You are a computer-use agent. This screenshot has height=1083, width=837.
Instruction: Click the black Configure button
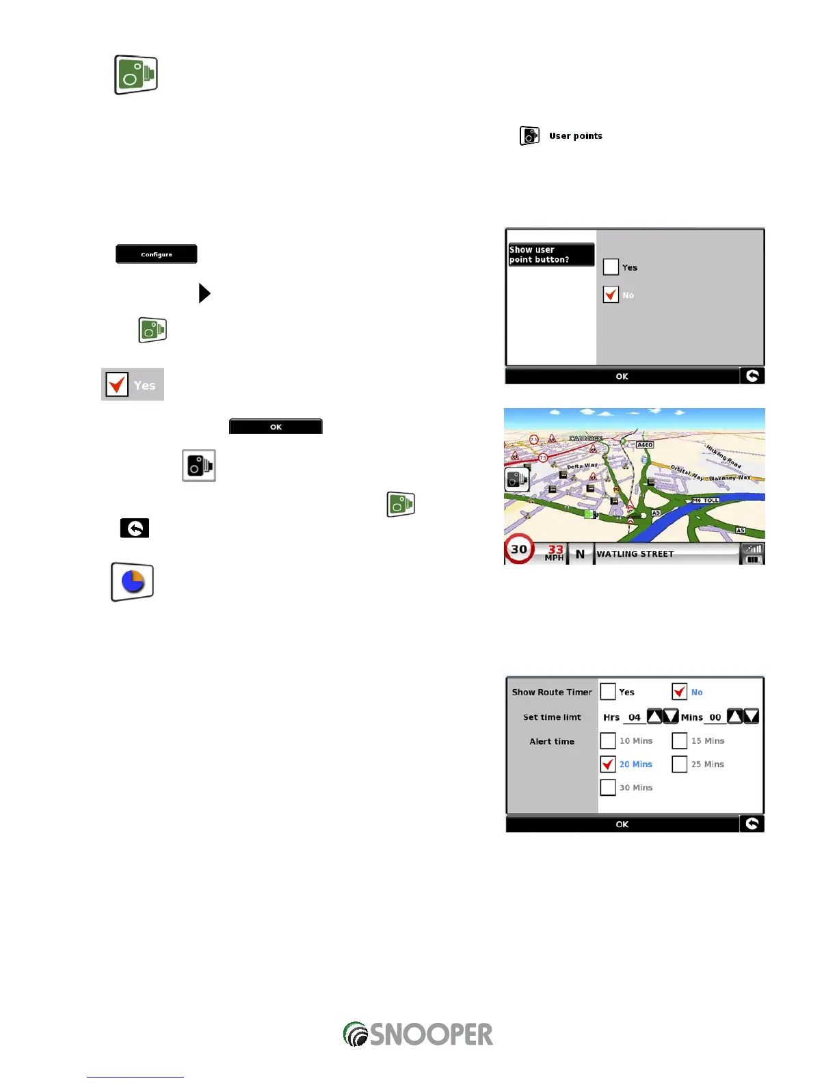coord(157,254)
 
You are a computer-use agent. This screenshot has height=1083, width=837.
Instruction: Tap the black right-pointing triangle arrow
coord(204,293)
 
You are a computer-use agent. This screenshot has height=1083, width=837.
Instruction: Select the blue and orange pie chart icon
coord(133,582)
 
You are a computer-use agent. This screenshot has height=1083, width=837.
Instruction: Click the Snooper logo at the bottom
coord(418,1034)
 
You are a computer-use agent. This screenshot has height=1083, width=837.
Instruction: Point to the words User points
coord(576,136)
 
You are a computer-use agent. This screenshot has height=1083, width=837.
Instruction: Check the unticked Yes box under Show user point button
coord(611,267)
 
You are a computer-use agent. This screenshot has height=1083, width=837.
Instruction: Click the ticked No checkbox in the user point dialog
coord(611,295)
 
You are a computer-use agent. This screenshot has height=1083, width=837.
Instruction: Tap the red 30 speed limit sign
coord(519,549)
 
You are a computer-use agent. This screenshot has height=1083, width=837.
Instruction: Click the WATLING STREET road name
coord(635,554)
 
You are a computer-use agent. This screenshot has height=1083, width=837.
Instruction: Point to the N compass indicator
coord(580,554)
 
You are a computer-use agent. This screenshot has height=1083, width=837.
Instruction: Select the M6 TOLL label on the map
coord(706,500)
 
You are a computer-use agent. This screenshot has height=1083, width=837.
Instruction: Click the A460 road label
coord(645,445)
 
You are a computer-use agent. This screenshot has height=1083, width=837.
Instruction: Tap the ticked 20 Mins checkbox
coord(608,764)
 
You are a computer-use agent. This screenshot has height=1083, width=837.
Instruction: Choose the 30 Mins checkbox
coord(608,788)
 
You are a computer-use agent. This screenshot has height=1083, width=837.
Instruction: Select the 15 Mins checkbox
coord(680,740)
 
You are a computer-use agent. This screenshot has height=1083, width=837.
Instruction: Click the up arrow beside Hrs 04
coord(654,717)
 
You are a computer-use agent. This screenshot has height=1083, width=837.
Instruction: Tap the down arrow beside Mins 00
coord(752,717)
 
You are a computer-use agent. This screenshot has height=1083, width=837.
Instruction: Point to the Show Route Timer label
coord(552,692)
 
